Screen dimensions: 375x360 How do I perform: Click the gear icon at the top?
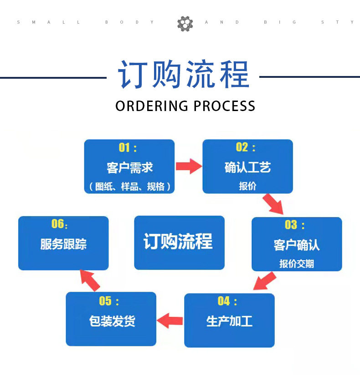(x=185, y=23)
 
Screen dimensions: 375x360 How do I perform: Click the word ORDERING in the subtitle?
(x=152, y=106)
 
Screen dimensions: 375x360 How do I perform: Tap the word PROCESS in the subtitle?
(x=224, y=106)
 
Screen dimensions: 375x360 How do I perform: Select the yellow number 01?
(x=124, y=147)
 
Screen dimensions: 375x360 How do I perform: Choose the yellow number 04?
(x=224, y=301)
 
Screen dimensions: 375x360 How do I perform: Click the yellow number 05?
(x=105, y=301)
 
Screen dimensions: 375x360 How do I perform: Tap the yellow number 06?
(x=57, y=224)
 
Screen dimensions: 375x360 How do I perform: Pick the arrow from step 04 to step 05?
(x=170, y=320)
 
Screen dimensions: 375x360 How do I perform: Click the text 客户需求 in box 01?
(x=129, y=167)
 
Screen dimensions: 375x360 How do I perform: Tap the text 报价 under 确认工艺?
(x=247, y=186)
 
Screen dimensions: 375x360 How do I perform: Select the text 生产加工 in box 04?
(x=229, y=321)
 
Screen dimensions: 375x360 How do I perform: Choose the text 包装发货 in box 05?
(x=111, y=321)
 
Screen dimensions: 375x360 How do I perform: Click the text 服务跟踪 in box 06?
(x=63, y=244)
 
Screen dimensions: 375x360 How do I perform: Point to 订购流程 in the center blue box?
(x=178, y=242)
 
